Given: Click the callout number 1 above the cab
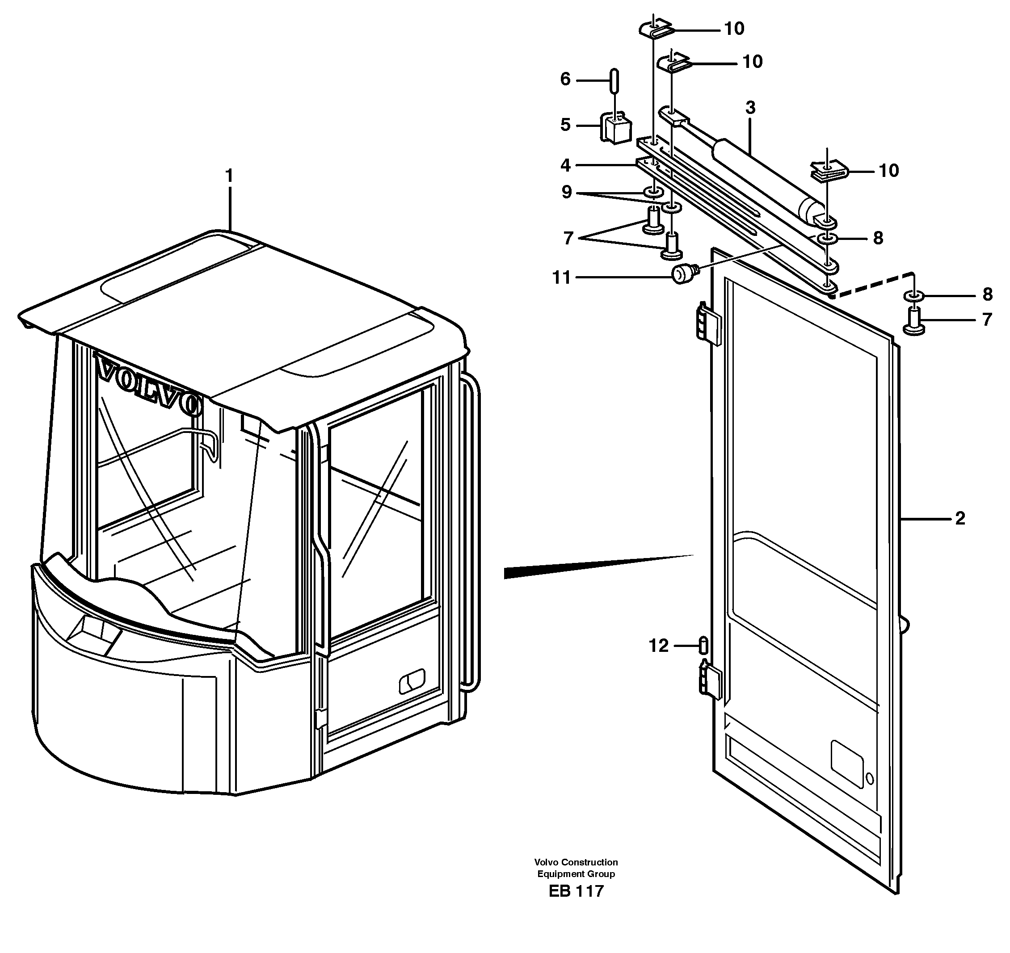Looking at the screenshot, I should tap(229, 176).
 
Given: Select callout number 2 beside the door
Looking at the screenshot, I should tap(959, 519).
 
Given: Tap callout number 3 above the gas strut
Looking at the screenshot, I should tap(750, 108).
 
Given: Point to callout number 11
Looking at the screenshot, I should tap(561, 278).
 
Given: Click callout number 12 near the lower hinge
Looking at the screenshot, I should tap(658, 646).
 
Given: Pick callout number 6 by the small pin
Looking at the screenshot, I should tap(565, 79).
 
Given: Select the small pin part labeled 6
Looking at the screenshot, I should tap(614, 81).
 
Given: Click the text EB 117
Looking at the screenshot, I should tap(576, 890).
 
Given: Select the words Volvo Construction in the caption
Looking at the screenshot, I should tap(576, 862).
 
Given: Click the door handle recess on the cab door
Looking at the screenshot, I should tap(412, 681).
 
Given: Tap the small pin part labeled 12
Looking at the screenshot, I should tap(703, 645).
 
